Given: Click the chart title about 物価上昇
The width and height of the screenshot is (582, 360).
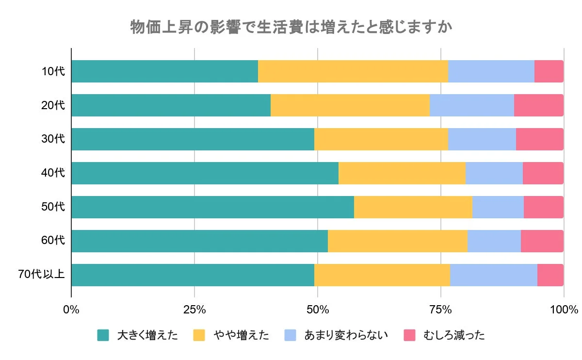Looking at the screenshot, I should click(291, 27).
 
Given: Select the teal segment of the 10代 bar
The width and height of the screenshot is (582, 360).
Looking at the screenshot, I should click(164, 71).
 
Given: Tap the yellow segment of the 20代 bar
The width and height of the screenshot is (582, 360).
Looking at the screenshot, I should click(350, 105).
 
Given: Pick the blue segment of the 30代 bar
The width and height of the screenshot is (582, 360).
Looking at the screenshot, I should click(482, 139).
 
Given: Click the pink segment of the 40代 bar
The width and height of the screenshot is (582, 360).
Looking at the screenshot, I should click(543, 173).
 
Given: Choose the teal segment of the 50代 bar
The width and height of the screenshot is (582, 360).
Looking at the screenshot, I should click(212, 207).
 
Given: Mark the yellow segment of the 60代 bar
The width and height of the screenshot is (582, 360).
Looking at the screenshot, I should click(397, 241).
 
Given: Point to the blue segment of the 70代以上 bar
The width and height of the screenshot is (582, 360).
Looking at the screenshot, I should click(493, 275).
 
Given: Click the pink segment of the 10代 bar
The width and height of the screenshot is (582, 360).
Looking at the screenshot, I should click(549, 71).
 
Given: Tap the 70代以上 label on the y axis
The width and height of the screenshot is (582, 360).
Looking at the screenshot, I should click(41, 275).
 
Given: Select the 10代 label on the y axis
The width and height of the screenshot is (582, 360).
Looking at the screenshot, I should click(53, 72).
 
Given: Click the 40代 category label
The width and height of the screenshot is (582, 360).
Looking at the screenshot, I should click(53, 173).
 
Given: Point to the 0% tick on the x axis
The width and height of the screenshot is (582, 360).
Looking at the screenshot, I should click(71, 310).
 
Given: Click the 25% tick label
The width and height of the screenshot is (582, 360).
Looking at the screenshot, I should click(194, 310).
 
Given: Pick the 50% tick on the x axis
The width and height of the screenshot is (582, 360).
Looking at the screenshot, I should click(318, 310).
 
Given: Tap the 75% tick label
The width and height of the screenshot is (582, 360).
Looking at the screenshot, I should click(441, 310).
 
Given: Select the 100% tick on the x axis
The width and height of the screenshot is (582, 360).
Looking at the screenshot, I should click(564, 310).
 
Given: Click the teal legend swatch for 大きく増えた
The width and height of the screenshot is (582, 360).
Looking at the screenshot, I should click(103, 335).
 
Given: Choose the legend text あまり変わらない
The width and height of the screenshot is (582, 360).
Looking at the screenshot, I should click(346, 335).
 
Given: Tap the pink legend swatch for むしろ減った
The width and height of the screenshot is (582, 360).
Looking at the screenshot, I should click(410, 335).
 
